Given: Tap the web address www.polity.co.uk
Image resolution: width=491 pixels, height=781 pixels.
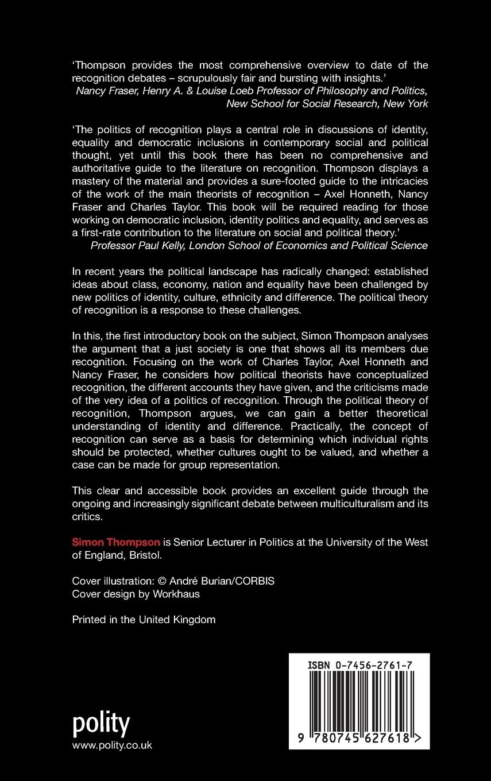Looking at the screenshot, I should click(112, 745).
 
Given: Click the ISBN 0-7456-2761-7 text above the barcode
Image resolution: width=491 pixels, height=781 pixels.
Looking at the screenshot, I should click(359, 665).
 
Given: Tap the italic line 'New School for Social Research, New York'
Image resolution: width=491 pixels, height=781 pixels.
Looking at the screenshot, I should click(327, 103).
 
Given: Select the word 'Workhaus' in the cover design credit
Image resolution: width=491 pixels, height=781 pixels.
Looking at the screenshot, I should click(176, 594).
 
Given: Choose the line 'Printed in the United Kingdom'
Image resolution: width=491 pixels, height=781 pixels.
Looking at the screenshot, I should click(144, 620).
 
